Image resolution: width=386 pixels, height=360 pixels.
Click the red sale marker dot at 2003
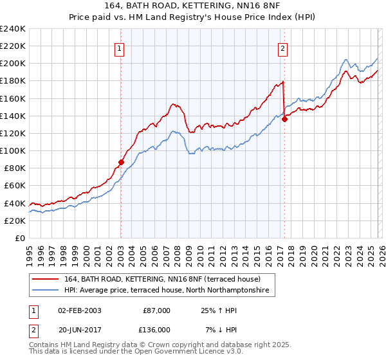tap(121, 162)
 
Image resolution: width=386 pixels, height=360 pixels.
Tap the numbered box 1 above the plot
tap(120, 47)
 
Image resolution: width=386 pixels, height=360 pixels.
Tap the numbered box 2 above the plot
tap(283, 47)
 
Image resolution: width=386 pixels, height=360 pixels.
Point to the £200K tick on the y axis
tap(12, 64)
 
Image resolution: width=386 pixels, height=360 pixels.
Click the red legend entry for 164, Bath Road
tap(161, 280)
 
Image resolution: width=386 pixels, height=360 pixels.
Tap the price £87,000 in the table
tap(156, 310)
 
